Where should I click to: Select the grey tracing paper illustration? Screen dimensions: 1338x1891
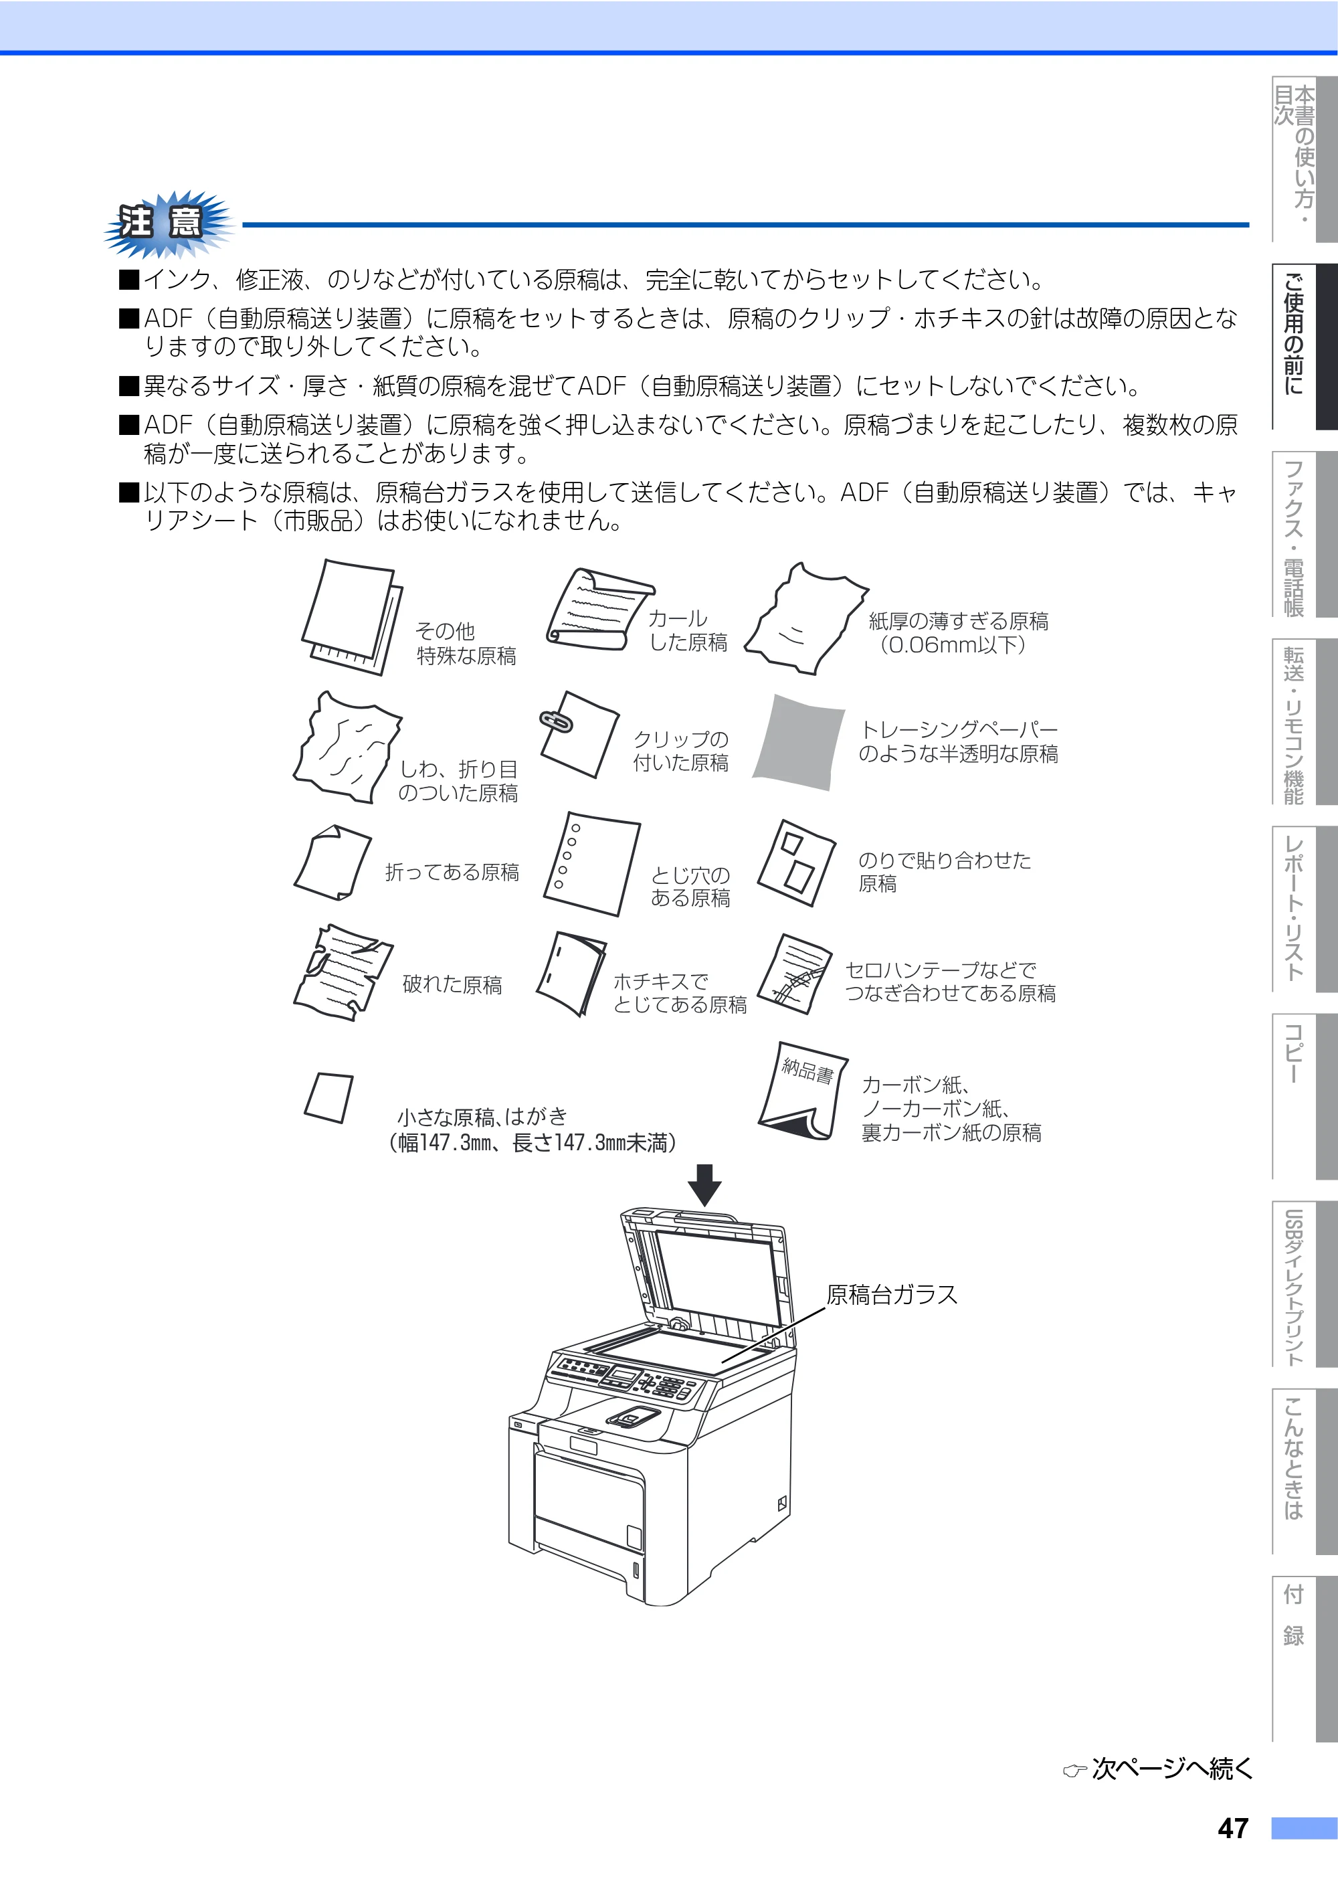(x=798, y=742)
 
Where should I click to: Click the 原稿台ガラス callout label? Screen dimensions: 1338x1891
(x=892, y=1294)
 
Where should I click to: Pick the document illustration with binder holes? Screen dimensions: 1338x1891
(x=591, y=863)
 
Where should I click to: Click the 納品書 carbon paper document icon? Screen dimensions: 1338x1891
(x=803, y=1090)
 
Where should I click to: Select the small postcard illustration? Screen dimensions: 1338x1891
(x=328, y=1097)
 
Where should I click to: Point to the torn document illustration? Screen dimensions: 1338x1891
(x=343, y=972)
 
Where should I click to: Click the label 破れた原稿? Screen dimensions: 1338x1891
(x=452, y=984)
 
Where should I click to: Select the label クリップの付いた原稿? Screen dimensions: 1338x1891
(x=680, y=751)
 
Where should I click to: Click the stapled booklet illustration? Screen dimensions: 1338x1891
(x=571, y=974)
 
